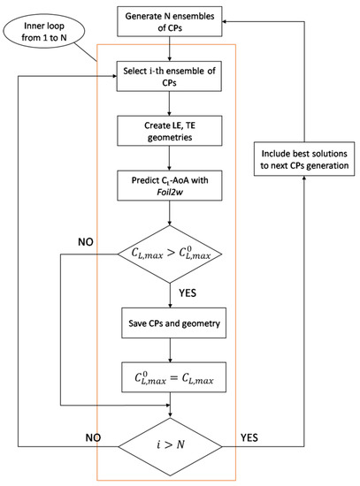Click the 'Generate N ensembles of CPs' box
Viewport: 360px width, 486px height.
[168, 21]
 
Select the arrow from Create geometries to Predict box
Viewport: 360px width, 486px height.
[168, 161]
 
